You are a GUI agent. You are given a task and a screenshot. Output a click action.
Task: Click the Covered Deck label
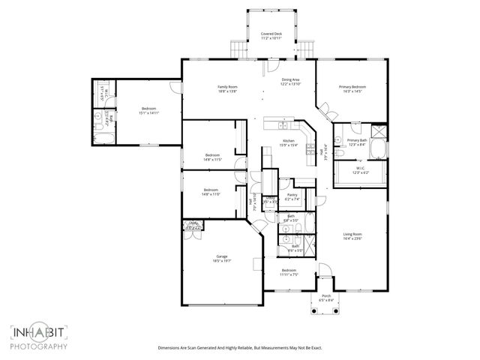point(271,34)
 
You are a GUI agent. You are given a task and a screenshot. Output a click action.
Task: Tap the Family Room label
point(227,87)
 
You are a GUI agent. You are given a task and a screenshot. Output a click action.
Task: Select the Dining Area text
point(291,79)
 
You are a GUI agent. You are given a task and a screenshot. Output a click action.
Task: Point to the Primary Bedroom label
point(350,87)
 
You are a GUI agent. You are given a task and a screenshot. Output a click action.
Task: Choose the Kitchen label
point(288,141)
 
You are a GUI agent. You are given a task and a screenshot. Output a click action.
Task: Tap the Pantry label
point(292,194)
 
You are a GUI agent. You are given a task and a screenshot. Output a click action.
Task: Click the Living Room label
point(352,235)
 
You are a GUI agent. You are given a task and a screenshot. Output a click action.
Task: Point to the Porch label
point(326,296)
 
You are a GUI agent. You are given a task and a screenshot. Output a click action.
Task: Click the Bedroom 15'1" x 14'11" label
point(148,109)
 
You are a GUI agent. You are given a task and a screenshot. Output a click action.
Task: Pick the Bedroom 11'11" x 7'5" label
point(289,270)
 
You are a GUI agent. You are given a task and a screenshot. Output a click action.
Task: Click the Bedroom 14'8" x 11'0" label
point(210,190)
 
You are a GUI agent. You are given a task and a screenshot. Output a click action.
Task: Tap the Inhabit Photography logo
point(39,336)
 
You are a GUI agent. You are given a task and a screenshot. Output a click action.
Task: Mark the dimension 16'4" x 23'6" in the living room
point(352,239)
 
